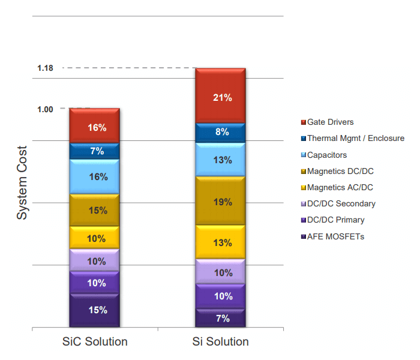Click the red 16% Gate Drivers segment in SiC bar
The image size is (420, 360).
[95, 127]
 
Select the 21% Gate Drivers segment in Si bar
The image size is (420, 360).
[221, 97]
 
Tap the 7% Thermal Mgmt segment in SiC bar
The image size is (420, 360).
[95, 151]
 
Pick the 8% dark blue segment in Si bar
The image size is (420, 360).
[221, 132]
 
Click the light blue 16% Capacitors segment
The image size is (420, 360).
[95, 177]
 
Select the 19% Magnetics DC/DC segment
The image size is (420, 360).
[221, 202]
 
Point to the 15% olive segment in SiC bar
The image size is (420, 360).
[95, 211]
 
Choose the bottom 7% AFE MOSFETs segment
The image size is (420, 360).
[221, 318]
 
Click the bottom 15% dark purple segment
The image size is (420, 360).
[95, 310]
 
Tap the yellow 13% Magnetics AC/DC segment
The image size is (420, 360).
[221, 242]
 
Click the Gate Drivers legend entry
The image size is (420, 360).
[329, 122]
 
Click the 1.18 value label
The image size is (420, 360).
[46, 68]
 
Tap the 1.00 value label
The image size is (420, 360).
[46, 109]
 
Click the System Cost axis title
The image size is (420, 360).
[22, 182]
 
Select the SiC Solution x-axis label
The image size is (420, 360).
[95, 342]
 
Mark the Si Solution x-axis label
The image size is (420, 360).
[221, 342]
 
